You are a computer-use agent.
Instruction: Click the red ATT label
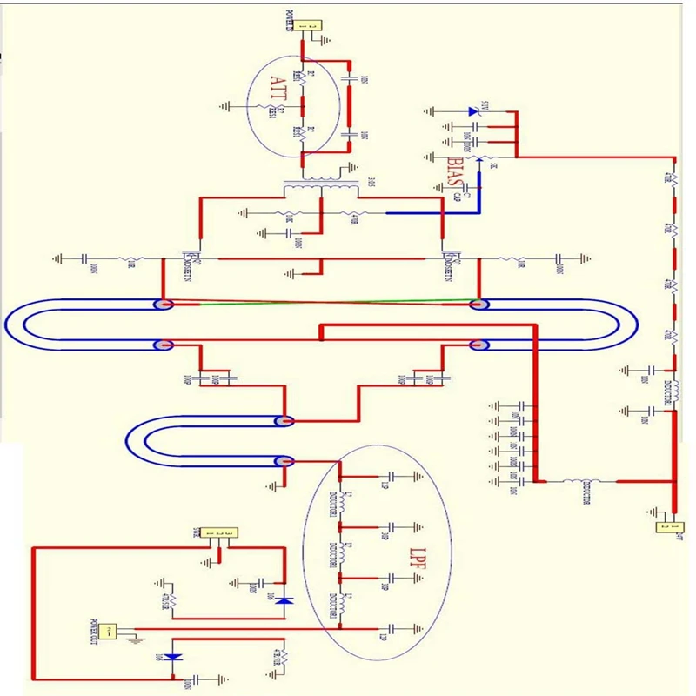278,90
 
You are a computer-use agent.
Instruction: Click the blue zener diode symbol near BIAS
472,110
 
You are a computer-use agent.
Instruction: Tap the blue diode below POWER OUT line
174,656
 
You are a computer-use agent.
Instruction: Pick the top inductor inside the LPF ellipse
341,503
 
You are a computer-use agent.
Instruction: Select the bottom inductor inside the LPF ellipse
341,602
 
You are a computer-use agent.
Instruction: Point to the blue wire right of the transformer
418,212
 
